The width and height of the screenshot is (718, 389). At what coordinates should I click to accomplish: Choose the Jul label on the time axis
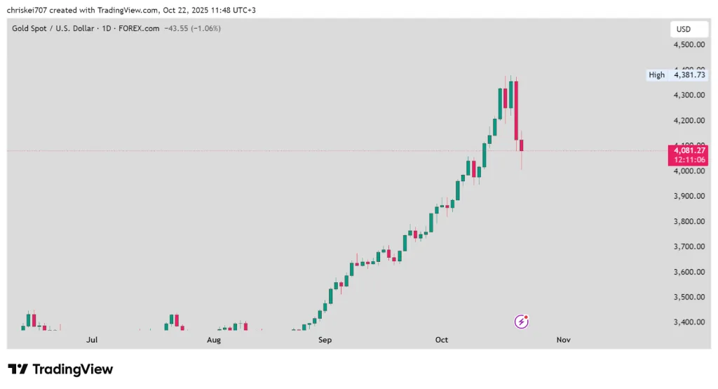coord(92,340)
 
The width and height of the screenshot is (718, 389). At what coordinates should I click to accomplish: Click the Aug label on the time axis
coord(214,340)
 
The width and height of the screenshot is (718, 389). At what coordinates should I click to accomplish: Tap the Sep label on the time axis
coord(325,340)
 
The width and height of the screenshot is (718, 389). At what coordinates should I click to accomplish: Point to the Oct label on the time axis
coord(442,340)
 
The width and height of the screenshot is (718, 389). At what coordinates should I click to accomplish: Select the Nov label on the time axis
coord(563,340)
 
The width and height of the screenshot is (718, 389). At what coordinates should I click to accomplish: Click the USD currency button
coord(684,29)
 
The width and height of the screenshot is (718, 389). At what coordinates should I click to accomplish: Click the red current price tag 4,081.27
coord(689,150)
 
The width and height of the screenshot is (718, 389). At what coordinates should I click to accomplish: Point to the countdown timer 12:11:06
coord(689,159)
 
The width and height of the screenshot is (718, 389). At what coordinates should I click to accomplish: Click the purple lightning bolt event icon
coord(522,322)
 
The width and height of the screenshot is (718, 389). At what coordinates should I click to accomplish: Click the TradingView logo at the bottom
coord(60,369)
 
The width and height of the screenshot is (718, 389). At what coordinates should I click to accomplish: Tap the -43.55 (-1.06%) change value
coord(192,29)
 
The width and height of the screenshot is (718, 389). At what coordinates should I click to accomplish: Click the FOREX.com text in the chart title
coord(139,29)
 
